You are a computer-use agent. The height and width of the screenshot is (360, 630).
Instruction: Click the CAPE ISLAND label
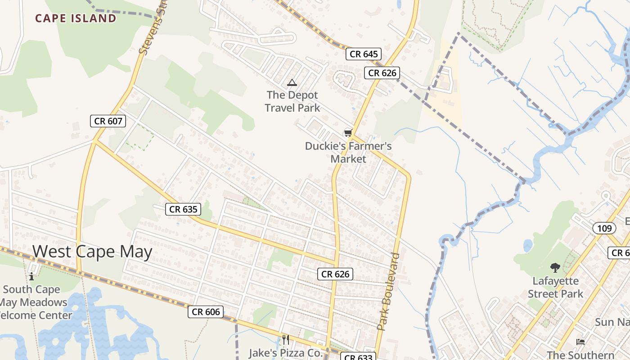pyautogui.click(x=76, y=18)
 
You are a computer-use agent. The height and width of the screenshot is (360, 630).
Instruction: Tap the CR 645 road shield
pyautogui.click(x=364, y=54)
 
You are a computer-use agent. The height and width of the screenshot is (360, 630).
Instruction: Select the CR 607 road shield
pyautogui.click(x=108, y=121)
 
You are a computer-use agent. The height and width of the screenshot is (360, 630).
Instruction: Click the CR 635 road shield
pyautogui.click(x=183, y=209)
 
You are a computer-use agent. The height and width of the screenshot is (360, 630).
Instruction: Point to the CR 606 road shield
pyautogui.click(x=206, y=312)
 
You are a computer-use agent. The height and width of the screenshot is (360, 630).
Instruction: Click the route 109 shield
pyautogui.click(x=604, y=229)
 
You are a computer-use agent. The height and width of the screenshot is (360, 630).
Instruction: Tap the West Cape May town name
pyautogui.click(x=92, y=252)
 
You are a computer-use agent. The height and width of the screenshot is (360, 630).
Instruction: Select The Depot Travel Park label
pyautogui.click(x=292, y=101)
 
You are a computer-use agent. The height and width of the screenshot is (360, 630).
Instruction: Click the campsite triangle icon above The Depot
pyautogui.click(x=292, y=82)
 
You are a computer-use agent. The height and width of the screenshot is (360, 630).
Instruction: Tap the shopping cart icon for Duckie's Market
pyautogui.click(x=347, y=133)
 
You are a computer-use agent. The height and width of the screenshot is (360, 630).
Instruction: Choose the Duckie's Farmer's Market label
pyautogui.click(x=348, y=153)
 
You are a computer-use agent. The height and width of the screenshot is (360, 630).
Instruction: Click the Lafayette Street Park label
pyautogui.click(x=555, y=288)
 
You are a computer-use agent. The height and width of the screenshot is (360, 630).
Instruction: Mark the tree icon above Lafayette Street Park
pyautogui.click(x=555, y=268)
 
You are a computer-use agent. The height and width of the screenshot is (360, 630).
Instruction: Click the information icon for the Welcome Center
pyautogui.click(x=31, y=276)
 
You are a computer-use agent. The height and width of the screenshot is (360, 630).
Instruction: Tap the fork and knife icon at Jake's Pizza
pyautogui.click(x=285, y=339)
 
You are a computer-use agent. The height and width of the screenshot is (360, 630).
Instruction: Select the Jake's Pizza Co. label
pyautogui.click(x=286, y=352)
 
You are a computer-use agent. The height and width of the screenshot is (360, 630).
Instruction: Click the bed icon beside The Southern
pyautogui.click(x=580, y=342)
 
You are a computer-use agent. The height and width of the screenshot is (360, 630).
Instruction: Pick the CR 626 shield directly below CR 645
pyautogui.click(x=382, y=73)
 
